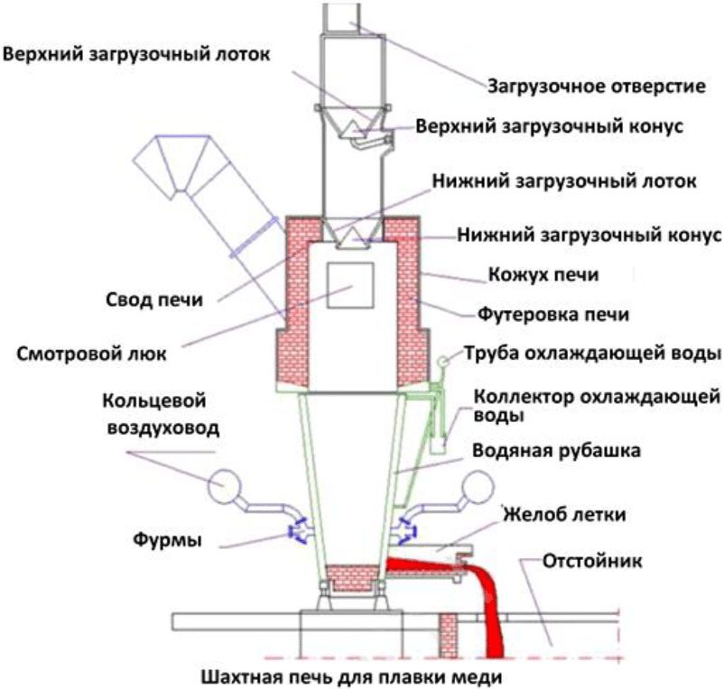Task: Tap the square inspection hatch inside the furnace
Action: tap(350, 288)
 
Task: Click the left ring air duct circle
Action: tap(222, 488)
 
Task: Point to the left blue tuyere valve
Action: tap(295, 531)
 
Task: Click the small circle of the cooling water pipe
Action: tap(443, 361)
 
